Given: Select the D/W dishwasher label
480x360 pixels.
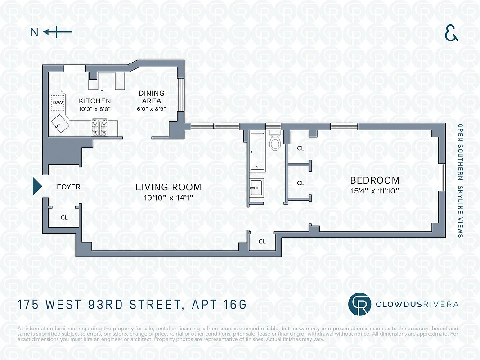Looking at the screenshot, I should click(x=57, y=103).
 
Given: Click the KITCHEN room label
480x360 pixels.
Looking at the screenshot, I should click(x=94, y=101).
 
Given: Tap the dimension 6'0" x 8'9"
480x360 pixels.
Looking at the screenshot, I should click(x=151, y=108).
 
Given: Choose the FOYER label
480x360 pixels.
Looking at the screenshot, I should click(x=68, y=187).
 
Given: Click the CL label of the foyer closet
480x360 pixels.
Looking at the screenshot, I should click(x=64, y=217).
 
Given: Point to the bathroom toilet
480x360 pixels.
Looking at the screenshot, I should click(x=274, y=142).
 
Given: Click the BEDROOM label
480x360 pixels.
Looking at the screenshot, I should click(x=375, y=180).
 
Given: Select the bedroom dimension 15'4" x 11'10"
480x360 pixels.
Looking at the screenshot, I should click(x=375, y=191).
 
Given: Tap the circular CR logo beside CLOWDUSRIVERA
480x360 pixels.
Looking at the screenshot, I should click(x=359, y=304).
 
